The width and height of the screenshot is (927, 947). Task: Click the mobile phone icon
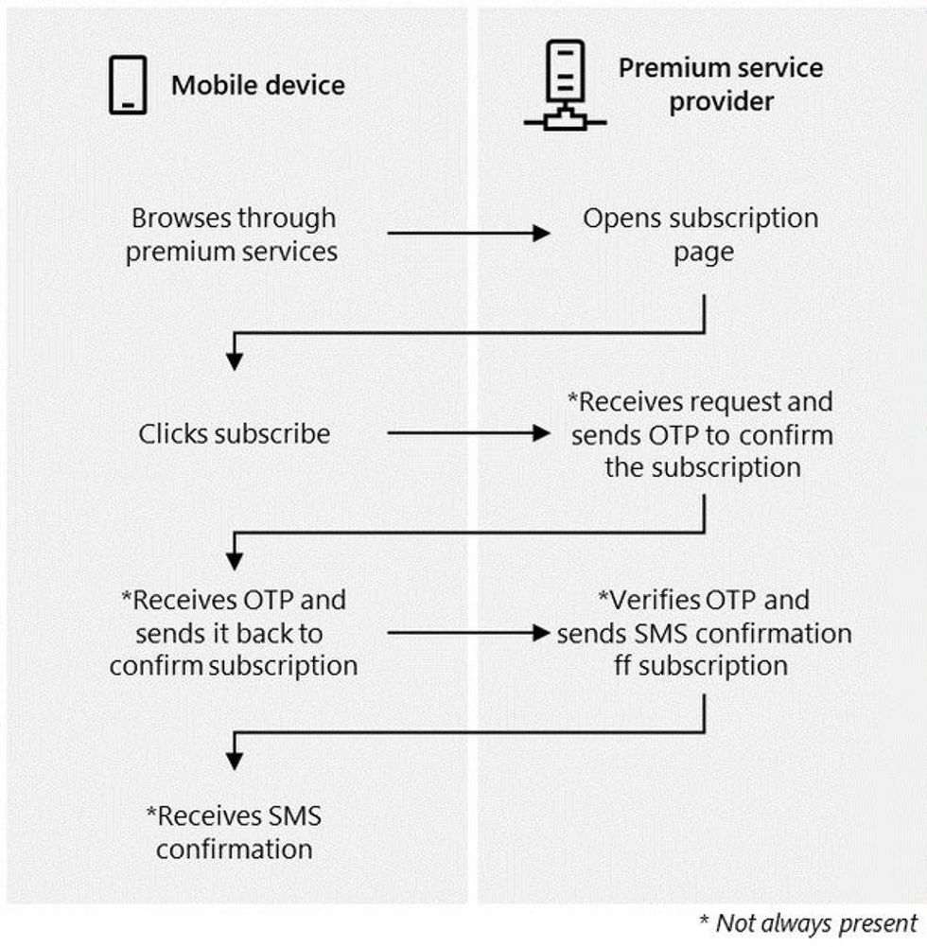127,84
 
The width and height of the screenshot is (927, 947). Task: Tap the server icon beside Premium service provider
564,84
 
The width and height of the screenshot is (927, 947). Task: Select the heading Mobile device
257,85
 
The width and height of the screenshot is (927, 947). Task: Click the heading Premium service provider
720,84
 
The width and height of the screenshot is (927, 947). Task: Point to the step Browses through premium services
233,235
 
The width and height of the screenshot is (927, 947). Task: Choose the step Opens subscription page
700,235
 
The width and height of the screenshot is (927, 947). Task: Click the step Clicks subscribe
235,434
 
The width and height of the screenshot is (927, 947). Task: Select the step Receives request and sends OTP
701,434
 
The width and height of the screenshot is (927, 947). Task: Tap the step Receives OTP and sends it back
234,632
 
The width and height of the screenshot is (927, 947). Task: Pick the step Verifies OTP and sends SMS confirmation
703,632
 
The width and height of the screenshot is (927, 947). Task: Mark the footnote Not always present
808,922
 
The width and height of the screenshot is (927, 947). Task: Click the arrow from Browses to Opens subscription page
468,233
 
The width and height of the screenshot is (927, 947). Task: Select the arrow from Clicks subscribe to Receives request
468,433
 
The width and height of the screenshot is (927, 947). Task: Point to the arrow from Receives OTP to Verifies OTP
468,632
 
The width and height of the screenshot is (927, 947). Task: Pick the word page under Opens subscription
702,252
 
